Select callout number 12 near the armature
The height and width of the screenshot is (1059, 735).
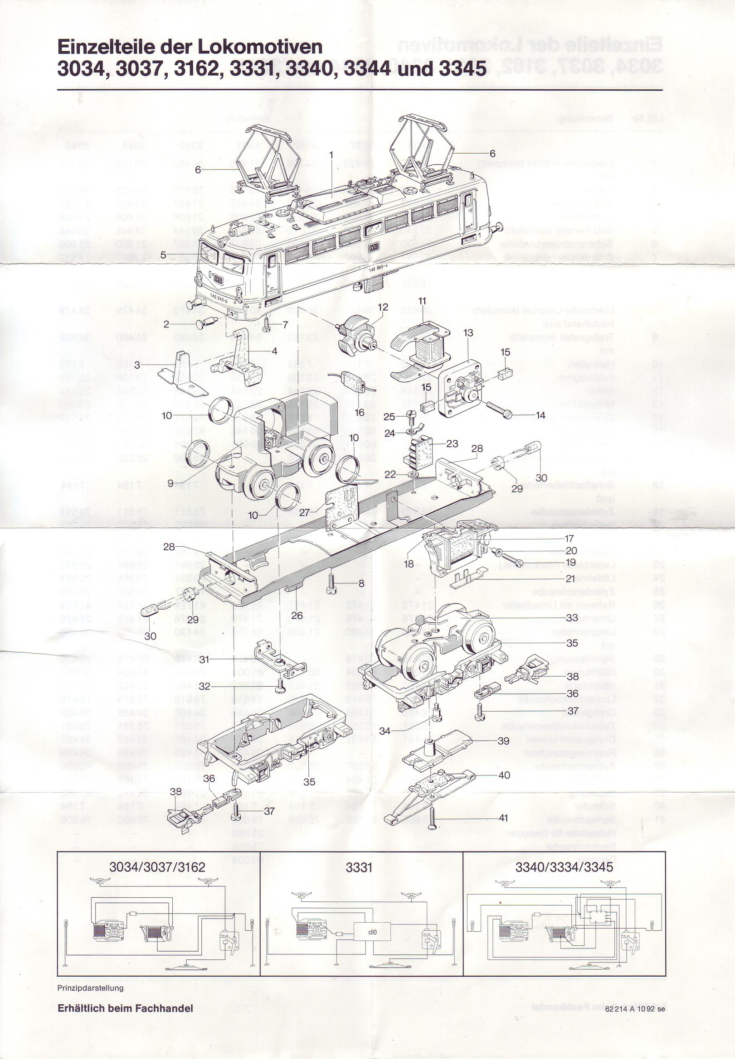pyautogui.click(x=383, y=307)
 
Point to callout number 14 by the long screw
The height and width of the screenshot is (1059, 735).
pyautogui.click(x=540, y=415)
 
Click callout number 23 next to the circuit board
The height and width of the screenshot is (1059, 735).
pyautogui.click(x=452, y=443)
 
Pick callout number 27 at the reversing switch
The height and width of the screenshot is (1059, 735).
pyautogui.click(x=304, y=511)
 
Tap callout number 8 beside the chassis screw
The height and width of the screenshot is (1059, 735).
pyautogui.click(x=361, y=584)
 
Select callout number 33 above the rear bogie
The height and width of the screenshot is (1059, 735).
pyautogui.click(x=571, y=618)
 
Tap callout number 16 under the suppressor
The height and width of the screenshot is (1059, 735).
pyautogui.click(x=359, y=412)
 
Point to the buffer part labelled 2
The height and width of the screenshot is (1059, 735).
pyautogui.click(x=206, y=324)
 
